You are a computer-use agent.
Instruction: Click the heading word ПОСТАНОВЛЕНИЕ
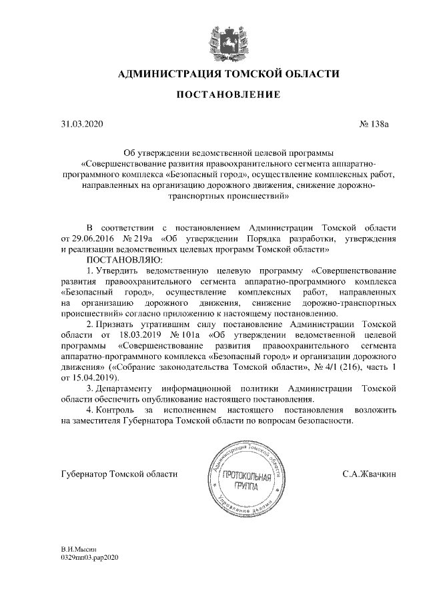coord(228,96)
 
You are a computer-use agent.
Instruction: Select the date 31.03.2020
coord(82,124)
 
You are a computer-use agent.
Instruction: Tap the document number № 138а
coord(376,124)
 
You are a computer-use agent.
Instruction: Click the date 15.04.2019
coord(95,378)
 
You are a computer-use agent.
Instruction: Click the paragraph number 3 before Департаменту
coord(90,388)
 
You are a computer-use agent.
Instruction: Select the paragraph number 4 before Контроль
coord(90,410)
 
